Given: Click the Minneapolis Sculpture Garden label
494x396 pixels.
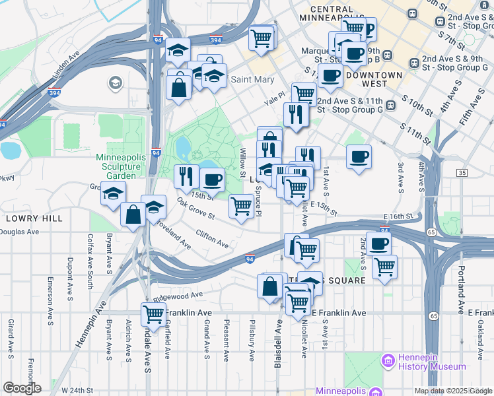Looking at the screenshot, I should point(127,166).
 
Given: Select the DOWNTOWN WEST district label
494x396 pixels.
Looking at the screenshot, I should point(373,75).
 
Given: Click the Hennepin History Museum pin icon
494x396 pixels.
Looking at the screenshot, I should point(388,361).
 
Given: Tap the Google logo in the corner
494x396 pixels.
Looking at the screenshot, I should point(22,388).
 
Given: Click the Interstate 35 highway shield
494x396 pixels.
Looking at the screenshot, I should point(462,173).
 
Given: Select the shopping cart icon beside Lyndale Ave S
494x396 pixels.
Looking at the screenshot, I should point(153,315).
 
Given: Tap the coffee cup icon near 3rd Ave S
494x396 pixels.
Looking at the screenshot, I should point(359,157).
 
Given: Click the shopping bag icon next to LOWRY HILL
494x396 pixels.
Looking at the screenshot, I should point(133,214).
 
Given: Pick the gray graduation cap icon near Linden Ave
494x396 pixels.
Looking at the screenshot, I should point(116,84).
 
